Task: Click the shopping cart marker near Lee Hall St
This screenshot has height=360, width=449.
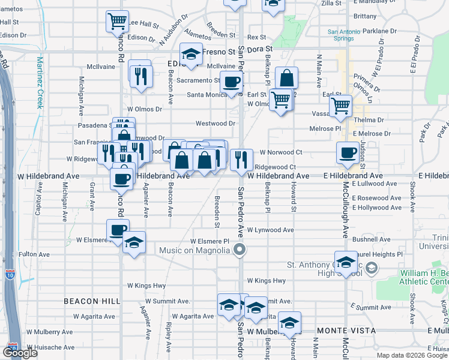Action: click(x=118, y=22)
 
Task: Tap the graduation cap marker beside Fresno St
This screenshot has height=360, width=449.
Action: click(x=191, y=55)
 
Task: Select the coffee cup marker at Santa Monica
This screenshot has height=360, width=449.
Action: click(x=231, y=82)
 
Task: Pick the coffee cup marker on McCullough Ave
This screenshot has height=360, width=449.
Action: click(x=348, y=153)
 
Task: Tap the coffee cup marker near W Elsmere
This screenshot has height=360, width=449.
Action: click(x=118, y=230)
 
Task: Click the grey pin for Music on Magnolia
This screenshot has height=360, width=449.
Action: click(x=240, y=249)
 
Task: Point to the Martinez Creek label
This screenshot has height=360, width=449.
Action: click(x=40, y=82)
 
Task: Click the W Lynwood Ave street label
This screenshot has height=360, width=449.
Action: click(x=271, y=230)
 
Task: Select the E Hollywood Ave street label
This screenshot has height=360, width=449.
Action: click(x=377, y=208)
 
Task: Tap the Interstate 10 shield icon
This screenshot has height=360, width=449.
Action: click(x=10, y=275)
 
